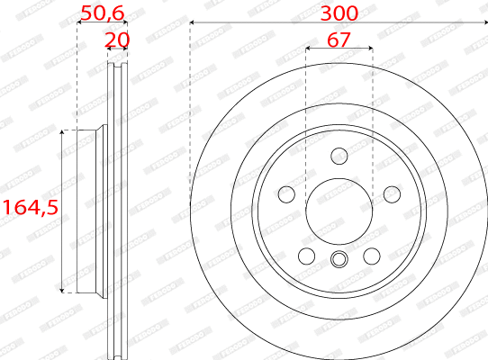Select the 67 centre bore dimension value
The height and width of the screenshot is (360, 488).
tap(339, 40)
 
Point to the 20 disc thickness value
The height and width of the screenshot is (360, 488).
tap(117, 40)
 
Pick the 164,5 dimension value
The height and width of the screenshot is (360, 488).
tap(29, 207)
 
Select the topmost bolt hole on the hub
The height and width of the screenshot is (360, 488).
tap(339, 157)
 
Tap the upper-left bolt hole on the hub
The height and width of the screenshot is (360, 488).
tap(287, 194)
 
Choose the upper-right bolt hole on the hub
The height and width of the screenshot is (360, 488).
tap(391, 194)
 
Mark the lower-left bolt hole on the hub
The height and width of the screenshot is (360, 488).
tap(307, 256)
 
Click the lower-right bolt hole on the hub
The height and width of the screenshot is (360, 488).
tap(371, 256)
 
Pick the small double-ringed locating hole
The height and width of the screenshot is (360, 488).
tap(339, 261)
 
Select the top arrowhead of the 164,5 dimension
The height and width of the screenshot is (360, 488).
tap(62, 133)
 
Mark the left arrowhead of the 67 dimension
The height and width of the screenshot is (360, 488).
tap(309, 50)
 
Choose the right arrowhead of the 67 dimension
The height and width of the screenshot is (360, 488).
tap(368, 50)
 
